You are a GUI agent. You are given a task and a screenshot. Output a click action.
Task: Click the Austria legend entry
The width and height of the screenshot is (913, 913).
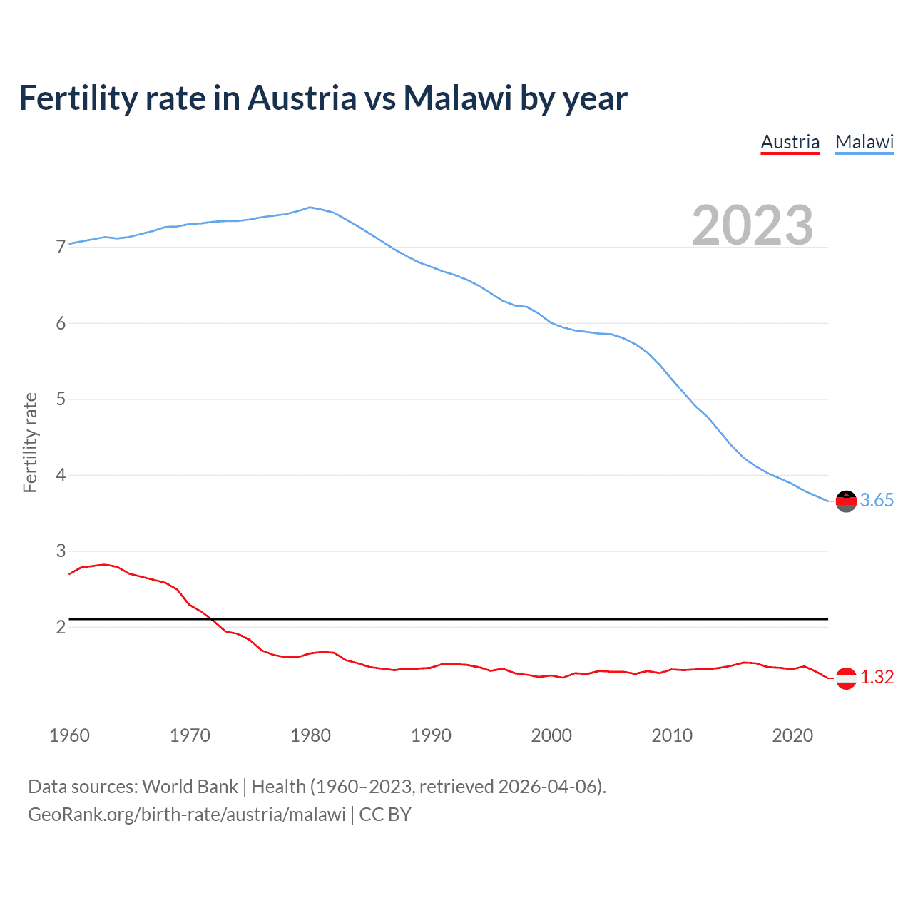coord(790,142)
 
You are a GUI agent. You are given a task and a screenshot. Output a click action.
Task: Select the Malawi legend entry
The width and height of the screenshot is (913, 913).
coord(864,142)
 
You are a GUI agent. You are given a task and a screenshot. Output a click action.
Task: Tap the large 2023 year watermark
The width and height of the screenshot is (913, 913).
coord(752,225)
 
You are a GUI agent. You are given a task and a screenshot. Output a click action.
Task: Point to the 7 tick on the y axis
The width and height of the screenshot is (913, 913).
coord(61,248)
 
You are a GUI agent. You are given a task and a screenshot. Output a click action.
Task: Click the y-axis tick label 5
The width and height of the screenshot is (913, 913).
coord(61,399)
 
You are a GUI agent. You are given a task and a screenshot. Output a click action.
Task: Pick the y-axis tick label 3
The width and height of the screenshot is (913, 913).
coord(61,551)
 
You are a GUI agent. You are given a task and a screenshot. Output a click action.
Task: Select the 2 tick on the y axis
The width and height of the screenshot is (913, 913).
coord(61,627)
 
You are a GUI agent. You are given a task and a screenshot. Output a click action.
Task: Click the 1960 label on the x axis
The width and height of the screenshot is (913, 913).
coord(69,735)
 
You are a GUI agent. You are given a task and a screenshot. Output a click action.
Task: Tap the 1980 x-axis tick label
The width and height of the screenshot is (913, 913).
coord(310,735)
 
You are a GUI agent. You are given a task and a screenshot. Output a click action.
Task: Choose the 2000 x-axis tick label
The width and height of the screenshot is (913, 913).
coord(551,735)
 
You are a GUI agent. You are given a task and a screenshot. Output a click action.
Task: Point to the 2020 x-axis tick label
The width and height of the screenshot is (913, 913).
coord(792,735)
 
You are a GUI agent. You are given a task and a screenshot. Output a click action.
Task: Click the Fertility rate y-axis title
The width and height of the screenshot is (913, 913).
coord(30,442)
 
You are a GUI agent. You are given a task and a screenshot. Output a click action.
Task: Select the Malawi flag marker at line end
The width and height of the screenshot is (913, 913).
coord(845,501)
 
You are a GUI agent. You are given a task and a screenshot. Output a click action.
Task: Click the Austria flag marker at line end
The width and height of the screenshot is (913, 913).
coord(845,678)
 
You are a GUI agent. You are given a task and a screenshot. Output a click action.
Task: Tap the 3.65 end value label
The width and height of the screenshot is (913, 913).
coord(877,501)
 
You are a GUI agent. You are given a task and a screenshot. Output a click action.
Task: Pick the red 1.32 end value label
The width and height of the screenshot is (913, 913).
coord(877,678)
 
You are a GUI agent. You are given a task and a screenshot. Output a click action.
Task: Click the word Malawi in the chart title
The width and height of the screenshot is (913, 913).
coord(457,98)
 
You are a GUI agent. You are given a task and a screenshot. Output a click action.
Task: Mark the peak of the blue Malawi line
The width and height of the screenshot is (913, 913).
coord(310,208)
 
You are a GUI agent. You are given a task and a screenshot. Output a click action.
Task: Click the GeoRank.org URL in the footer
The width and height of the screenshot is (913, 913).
coord(187,815)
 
